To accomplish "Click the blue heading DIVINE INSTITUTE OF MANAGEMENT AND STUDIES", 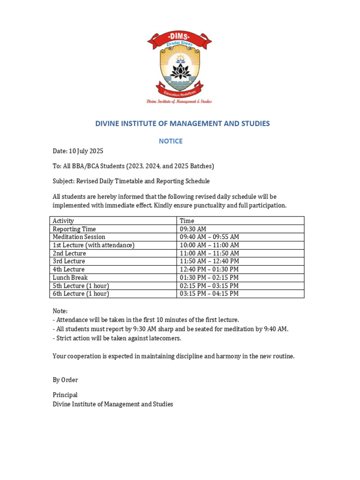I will pyautogui.click(x=182, y=124).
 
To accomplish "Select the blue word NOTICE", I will pyautogui.click(x=171, y=141).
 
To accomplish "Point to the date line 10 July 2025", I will pyautogui.click(x=78, y=151).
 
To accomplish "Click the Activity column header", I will pyautogui.click(x=63, y=221).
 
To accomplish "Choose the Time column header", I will pyautogui.click(x=187, y=221).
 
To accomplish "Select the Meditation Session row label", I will pyautogui.click(x=79, y=237).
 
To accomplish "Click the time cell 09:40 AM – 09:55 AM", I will pyautogui.click(x=209, y=237).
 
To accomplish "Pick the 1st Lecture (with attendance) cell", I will pyautogui.click(x=93, y=245).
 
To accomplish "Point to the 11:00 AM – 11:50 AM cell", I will pyautogui.click(x=209, y=253).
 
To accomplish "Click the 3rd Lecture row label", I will pyautogui.click(x=69, y=261).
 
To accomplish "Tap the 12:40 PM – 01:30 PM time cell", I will pyautogui.click(x=209, y=270).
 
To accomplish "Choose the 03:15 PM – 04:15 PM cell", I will pyautogui.click(x=209, y=293).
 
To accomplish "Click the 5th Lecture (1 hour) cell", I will pyautogui.click(x=81, y=285).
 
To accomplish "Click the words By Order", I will pyautogui.click(x=65, y=380).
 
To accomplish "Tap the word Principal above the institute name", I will pyautogui.click(x=65, y=395).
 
